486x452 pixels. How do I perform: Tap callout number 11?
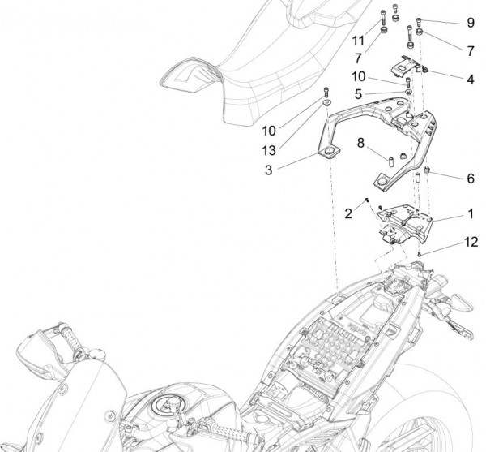358,39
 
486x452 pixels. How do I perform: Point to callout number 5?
357,94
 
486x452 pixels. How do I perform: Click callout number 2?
348,213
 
